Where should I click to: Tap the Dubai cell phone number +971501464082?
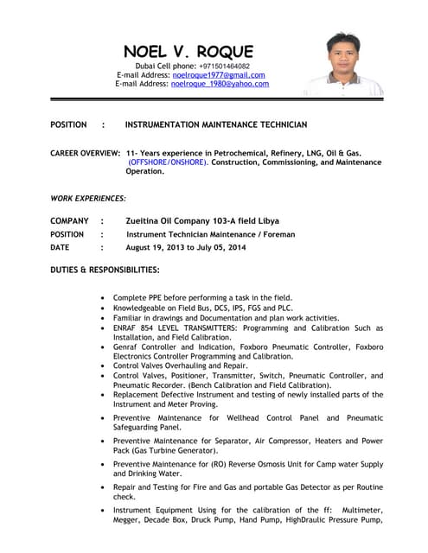click(x=224, y=66)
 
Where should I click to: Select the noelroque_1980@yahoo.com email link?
click(x=220, y=84)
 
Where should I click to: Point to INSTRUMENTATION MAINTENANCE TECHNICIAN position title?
click(x=216, y=125)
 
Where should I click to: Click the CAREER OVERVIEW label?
click(x=85, y=154)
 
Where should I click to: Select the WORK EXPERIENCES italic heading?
click(x=88, y=199)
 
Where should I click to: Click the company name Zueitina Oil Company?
click(x=189, y=220)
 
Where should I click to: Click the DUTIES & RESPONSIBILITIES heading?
click(x=105, y=270)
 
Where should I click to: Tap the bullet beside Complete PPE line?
click(x=104, y=297)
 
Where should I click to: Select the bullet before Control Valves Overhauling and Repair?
click(x=104, y=366)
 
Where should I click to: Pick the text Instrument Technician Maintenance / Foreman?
click(x=210, y=234)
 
